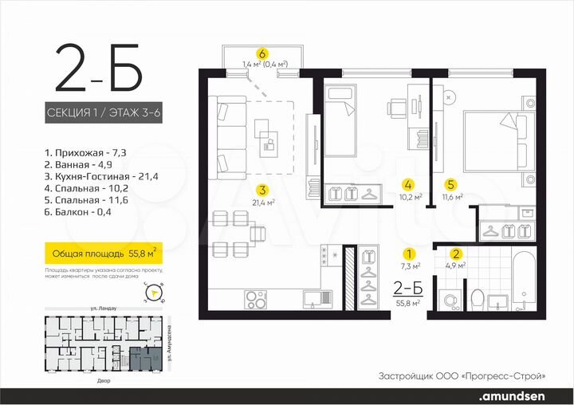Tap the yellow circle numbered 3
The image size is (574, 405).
pyautogui.click(x=261, y=189)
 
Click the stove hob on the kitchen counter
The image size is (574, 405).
pyautogui.click(x=257, y=300)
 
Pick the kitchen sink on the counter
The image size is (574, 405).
pyautogui.click(x=316, y=297)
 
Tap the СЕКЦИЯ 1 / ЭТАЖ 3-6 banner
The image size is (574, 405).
pyautogui.click(x=104, y=114)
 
